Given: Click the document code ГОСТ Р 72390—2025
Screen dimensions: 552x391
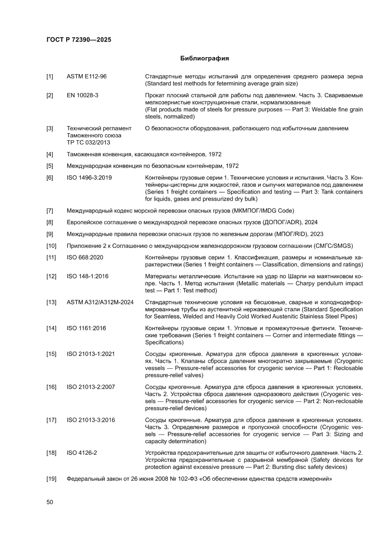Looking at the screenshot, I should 78,40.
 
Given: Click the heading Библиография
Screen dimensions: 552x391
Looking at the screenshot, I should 205,59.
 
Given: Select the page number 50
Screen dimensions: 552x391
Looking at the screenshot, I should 50,502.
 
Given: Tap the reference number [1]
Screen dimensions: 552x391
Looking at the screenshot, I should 50,76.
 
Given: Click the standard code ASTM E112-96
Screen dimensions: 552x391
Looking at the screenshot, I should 87,76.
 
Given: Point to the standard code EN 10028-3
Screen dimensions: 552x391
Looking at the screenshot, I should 83,95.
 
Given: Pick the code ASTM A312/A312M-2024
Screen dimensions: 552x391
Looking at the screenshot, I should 100,302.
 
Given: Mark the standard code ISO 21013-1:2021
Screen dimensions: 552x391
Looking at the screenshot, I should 91,354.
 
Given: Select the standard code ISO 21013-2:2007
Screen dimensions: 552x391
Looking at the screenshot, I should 91,387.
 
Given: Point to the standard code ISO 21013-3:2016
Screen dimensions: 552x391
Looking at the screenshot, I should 91,420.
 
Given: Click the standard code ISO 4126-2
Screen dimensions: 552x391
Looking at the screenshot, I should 82,453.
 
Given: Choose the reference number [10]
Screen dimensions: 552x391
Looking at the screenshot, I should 51,246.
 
